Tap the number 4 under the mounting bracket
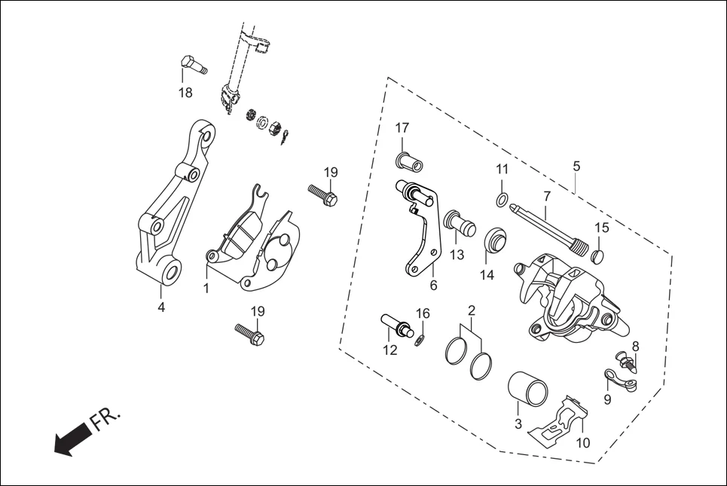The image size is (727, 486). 160,307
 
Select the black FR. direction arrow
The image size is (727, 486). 72,439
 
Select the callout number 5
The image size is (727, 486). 576,165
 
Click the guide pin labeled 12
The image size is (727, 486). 398,326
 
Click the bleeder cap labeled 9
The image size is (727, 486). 620,378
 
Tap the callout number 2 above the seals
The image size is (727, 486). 471,310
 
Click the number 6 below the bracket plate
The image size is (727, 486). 433,286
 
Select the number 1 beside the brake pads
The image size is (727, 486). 205,288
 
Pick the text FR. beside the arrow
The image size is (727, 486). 106,421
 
